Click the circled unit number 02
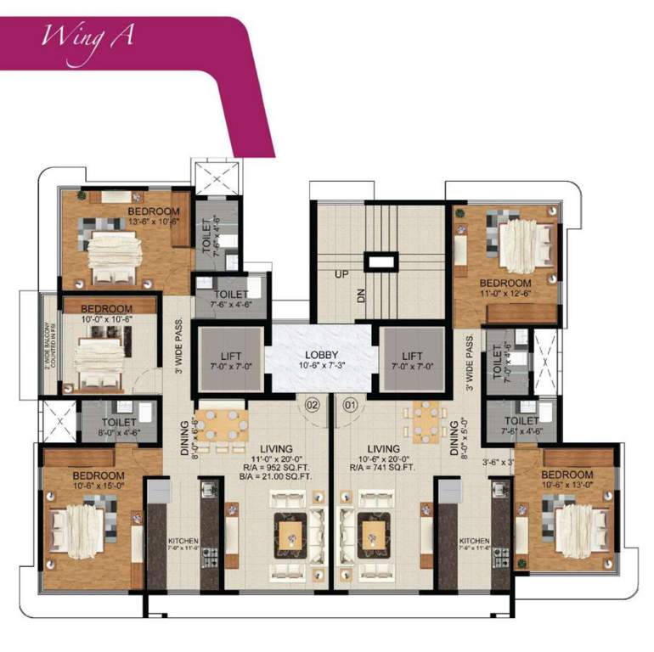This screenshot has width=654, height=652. click(312, 406)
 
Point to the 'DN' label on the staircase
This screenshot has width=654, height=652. click(359, 296)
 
